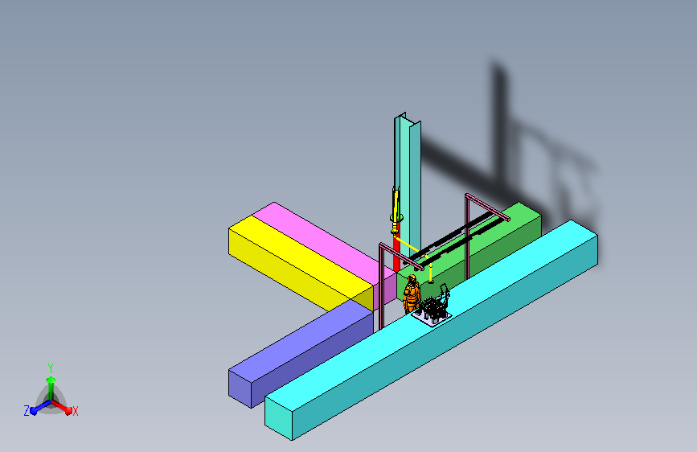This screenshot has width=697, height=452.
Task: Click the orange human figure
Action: (412, 294)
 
